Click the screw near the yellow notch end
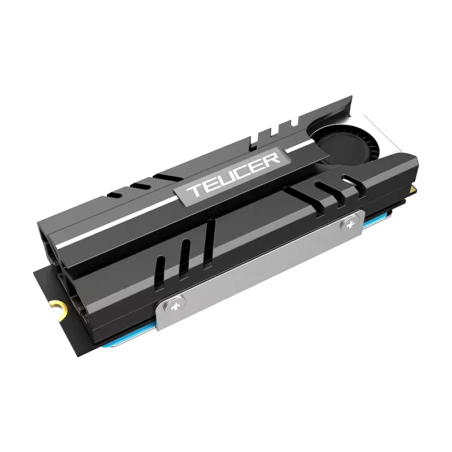pyautogui.click(x=177, y=306)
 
